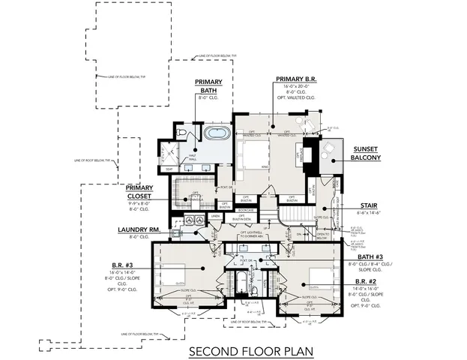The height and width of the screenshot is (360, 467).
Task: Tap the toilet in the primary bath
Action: [181, 133]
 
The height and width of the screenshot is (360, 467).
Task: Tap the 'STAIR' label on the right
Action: [368, 205]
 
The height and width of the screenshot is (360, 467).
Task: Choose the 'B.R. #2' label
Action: [369, 280]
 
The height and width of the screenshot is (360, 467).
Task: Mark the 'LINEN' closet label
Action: [215, 217]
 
